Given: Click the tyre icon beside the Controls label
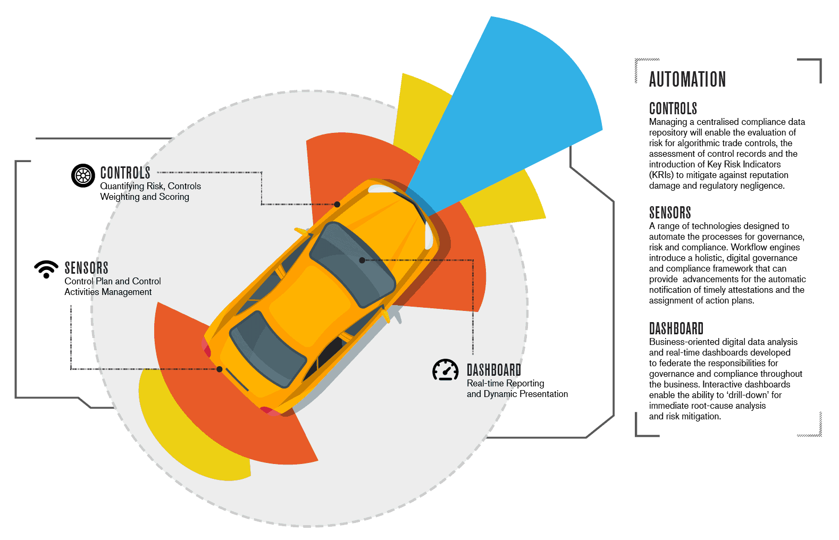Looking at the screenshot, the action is click(x=83, y=175).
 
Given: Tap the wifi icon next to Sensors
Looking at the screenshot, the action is click(x=46, y=269).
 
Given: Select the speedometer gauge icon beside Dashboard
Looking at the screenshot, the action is click(x=446, y=370).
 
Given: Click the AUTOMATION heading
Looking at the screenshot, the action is click(x=687, y=79).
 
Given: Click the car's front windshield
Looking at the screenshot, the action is click(x=352, y=264).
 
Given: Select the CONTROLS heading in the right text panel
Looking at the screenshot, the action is click(x=673, y=108).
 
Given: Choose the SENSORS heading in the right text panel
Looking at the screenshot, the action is click(x=670, y=213).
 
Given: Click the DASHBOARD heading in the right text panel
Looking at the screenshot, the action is click(x=676, y=328).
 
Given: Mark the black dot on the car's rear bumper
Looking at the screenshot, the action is click(x=220, y=369).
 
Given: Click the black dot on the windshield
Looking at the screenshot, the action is click(x=362, y=260).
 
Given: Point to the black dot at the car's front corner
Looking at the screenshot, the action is click(x=337, y=204).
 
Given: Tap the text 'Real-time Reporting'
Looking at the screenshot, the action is click(x=505, y=383).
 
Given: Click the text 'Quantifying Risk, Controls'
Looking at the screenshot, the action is click(x=150, y=186).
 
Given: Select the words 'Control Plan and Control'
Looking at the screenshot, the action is click(x=112, y=281).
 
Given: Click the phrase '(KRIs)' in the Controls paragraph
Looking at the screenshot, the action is click(x=661, y=175).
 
